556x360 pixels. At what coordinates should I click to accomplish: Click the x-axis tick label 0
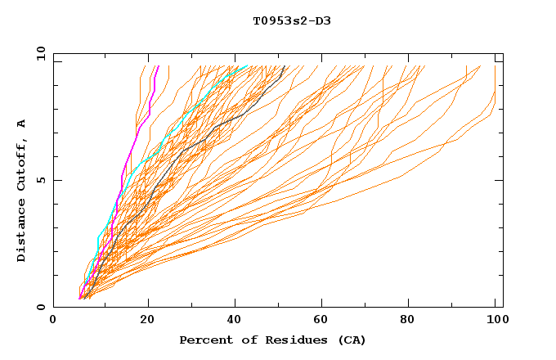click(x=53, y=321)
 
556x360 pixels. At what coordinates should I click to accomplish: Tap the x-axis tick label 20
click(x=147, y=321)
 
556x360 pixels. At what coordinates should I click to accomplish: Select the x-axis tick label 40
click(x=235, y=321)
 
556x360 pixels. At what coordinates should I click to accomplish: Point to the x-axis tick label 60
click(x=324, y=321)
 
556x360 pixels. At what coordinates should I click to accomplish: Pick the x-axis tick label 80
click(x=412, y=321)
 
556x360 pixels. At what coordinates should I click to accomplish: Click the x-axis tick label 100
click(x=495, y=321)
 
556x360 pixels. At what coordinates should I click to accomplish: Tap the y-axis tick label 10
click(x=40, y=53)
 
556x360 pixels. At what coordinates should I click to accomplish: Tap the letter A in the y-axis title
click(x=21, y=123)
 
